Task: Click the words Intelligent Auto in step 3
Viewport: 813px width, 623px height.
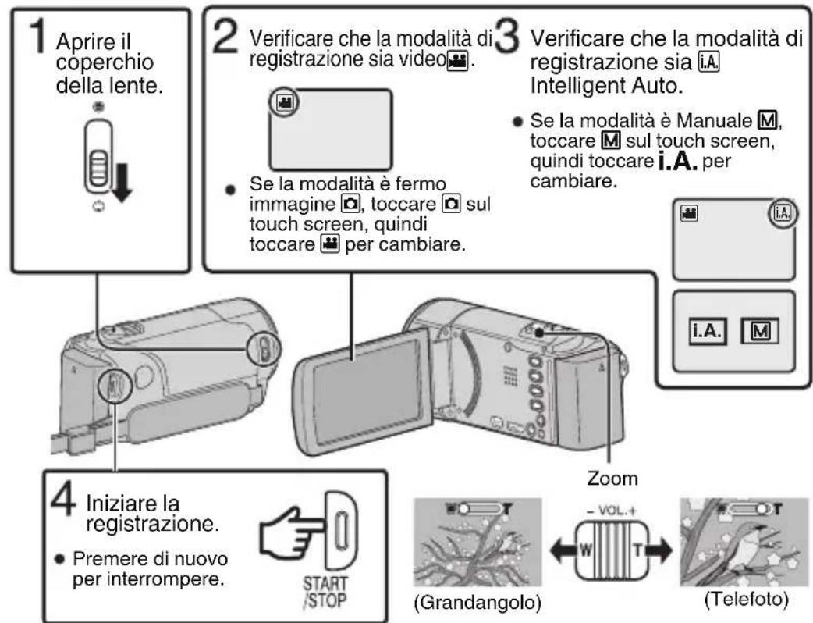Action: click(609, 100)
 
